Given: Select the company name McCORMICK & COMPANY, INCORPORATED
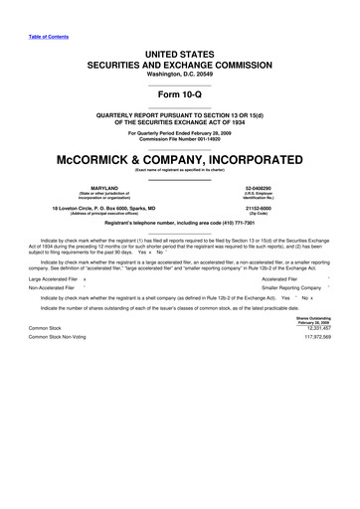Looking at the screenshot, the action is coord(179,159).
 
